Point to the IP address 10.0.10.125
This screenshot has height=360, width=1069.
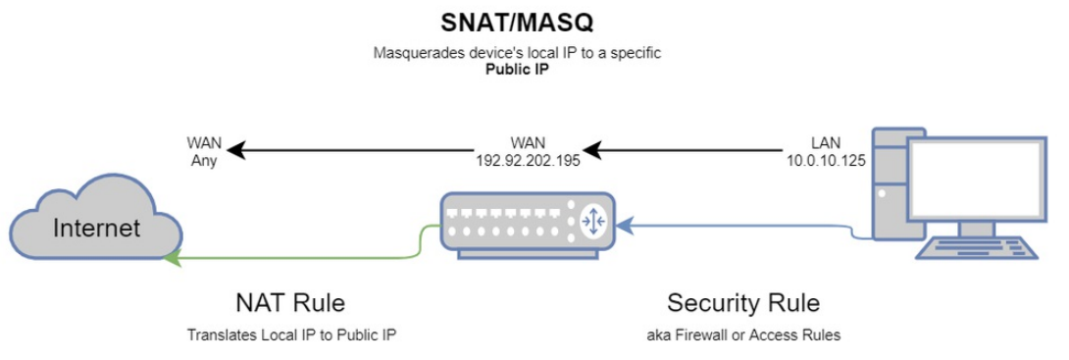825,159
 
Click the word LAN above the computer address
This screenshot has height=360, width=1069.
825,142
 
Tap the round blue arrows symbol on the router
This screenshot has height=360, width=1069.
594,222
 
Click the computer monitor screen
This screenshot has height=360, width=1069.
975,181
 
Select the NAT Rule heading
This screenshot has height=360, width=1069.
291,301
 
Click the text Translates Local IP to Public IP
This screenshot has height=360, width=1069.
291,334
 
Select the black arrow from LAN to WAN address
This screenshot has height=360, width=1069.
687,151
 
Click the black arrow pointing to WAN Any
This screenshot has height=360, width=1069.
343,151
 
